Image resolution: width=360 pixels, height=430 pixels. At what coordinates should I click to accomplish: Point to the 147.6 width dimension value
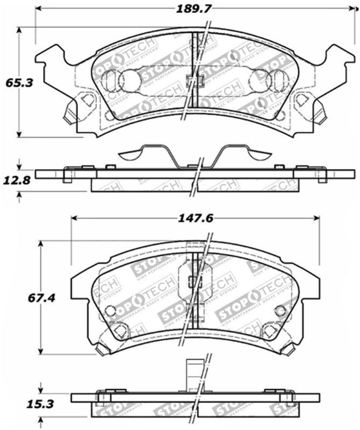[195, 218]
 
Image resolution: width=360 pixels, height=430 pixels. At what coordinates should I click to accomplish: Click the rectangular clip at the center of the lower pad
[195, 280]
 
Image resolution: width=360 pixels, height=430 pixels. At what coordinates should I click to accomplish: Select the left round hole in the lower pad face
[110, 311]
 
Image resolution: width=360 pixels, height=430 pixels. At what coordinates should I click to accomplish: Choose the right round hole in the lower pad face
[280, 310]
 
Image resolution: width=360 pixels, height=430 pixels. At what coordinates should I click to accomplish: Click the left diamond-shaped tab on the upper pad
[87, 99]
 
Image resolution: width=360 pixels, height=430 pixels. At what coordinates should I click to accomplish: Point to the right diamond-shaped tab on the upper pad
[302, 99]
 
